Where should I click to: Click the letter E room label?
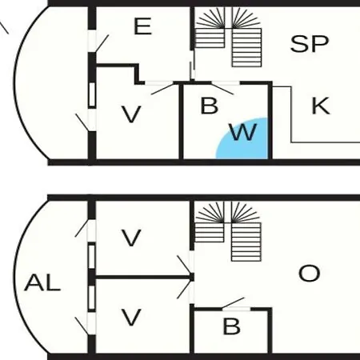click(143, 26)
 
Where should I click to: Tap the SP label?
click(310, 44)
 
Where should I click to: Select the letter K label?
click(321, 106)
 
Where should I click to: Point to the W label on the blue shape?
click(243, 132)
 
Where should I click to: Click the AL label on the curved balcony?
click(42, 282)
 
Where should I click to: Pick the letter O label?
click(310, 274)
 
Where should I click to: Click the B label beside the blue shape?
click(210, 106)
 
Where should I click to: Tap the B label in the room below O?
click(231, 326)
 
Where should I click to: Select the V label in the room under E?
click(131, 114)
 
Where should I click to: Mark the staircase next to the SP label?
click(228, 37)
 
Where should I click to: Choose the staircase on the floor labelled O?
click(228, 231)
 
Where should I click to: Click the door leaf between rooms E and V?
click(162, 89)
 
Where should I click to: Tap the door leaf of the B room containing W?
click(222, 89)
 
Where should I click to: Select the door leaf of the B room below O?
click(233, 303)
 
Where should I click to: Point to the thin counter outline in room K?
click(291, 114)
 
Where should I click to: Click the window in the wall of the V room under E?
click(92, 94)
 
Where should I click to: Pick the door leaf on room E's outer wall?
click(102, 43)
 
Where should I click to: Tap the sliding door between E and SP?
click(192, 66)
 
